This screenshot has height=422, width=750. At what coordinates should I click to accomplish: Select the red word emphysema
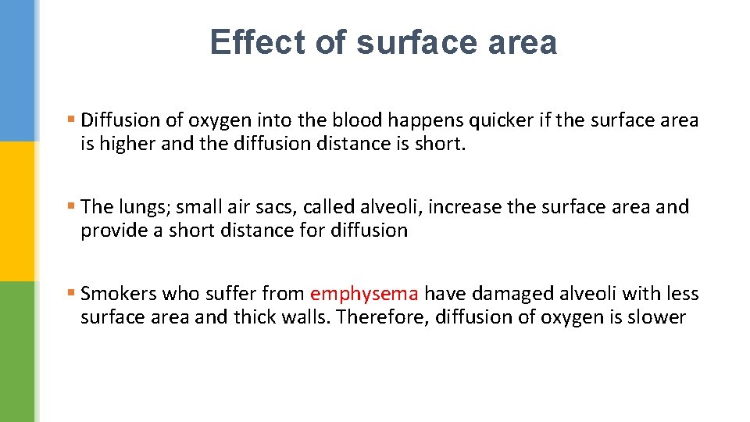pos(365,295)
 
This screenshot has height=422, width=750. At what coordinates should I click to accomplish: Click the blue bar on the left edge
pos(17,70)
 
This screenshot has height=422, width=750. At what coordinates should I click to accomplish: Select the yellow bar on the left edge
pos(17,211)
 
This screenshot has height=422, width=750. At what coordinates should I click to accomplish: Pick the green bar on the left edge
pos(17,352)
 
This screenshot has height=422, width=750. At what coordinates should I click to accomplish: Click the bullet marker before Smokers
pos(71,294)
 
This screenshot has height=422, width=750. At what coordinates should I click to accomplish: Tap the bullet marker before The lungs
pos(71,207)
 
